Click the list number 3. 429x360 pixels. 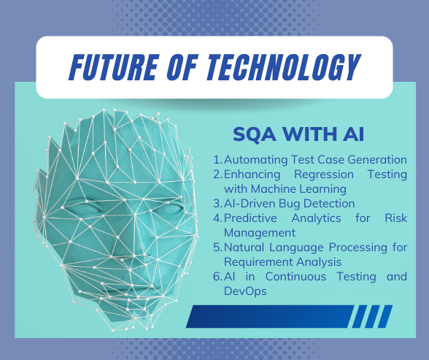217,203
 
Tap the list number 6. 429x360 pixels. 217,276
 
